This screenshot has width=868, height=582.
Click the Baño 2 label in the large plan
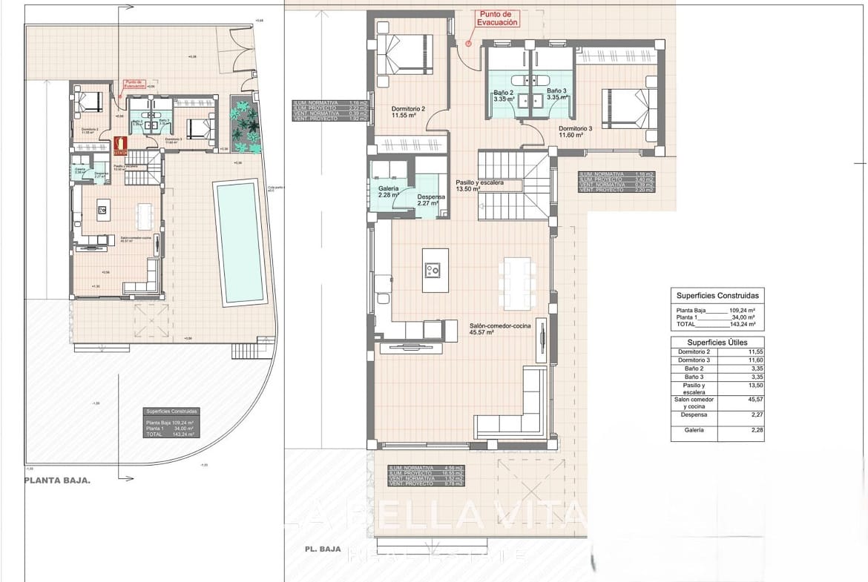[x=504, y=95]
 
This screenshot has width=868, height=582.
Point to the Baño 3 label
[x=557, y=95]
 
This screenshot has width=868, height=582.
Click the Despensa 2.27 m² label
[x=430, y=199]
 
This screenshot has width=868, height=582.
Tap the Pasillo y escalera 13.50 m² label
[x=479, y=185]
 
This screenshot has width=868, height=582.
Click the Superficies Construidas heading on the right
[x=717, y=295]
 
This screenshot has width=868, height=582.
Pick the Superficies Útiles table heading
[x=717, y=343]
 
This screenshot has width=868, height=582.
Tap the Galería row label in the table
[x=694, y=430]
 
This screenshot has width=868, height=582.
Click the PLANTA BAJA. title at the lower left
[x=57, y=480]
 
